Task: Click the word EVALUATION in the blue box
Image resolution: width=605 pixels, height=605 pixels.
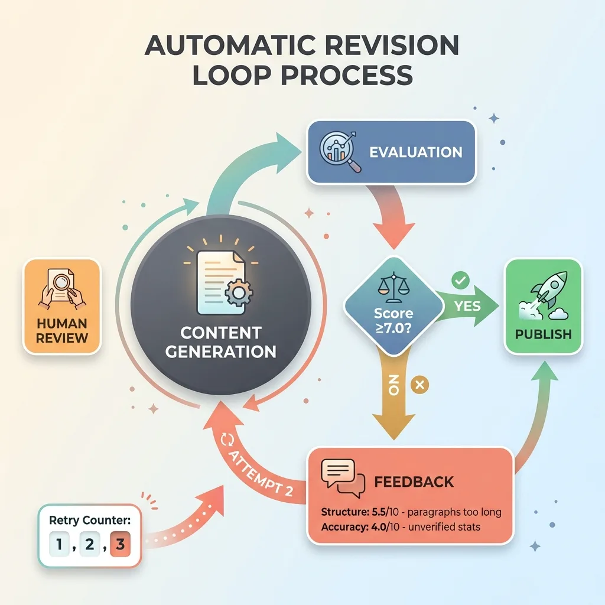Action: [x=415, y=152]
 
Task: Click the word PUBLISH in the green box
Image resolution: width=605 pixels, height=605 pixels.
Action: [x=543, y=334]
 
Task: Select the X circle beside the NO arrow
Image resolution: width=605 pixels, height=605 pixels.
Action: [x=420, y=386]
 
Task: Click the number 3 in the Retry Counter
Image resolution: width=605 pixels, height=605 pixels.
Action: [x=120, y=544]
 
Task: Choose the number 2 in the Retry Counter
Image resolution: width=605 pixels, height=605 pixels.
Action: [x=89, y=544]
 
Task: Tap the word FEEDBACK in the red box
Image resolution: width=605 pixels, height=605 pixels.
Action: [x=414, y=482]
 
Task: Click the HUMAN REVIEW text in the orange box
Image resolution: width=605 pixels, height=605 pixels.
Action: [x=61, y=331]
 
